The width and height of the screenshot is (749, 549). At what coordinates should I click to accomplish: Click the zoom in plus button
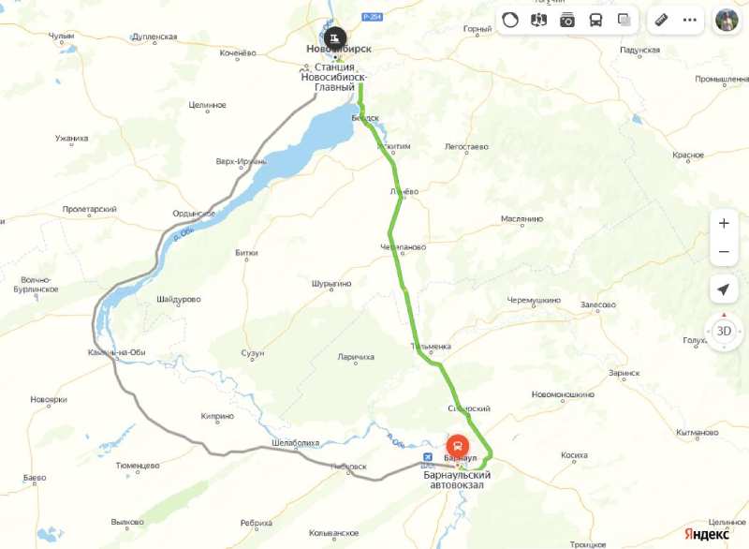(x=723, y=224)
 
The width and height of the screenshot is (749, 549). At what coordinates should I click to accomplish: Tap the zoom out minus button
(x=723, y=252)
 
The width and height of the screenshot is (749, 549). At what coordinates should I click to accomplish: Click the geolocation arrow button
(x=723, y=289)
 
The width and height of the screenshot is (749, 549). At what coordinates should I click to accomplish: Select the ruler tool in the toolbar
(x=661, y=19)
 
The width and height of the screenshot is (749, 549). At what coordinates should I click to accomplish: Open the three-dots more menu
(x=690, y=19)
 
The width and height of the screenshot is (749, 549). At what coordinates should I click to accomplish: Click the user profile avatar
(x=727, y=19)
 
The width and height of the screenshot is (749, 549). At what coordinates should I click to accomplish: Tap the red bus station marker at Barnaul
(x=458, y=446)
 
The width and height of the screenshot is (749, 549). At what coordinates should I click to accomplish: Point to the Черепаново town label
(x=404, y=247)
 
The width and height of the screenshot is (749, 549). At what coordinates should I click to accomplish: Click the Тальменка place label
(x=431, y=347)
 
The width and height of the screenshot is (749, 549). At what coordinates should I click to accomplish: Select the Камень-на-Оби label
(x=112, y=353)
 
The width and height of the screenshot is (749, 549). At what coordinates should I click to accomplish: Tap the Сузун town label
(x=253, y=353)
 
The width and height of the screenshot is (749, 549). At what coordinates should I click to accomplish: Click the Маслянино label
(x=521, y=219)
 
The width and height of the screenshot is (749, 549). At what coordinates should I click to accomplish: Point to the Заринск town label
(x=624, y=372)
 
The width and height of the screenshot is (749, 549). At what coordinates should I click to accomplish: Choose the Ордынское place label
(x=194, y=214)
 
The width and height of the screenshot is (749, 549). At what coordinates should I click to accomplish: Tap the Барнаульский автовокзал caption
(x=459, y=480)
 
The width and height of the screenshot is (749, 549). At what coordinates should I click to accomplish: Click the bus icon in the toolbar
(x=595, y=19)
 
